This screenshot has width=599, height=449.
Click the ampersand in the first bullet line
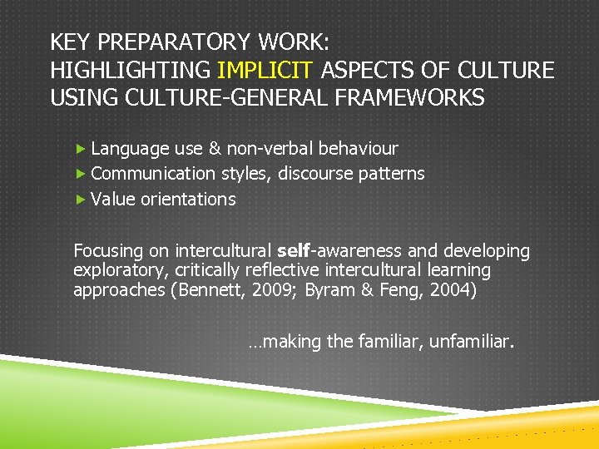click(x=215, y=149)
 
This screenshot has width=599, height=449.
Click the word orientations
click(x=188, y=200)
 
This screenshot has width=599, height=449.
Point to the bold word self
click(x=292, y=250)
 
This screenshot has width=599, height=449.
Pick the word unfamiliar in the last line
click(x=472, y=342)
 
